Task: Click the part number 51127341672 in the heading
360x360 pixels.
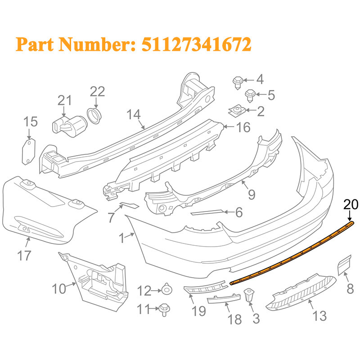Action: click(x=196, y=44)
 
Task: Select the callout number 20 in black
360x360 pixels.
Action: click(x=351, y=204)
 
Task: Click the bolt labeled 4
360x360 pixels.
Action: click(x=238, y=83)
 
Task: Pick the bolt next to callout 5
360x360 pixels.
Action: click(x=250, y=96)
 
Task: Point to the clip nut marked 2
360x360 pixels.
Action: click(x=237, y=111)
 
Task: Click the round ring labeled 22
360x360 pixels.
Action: click(x=94, y=116)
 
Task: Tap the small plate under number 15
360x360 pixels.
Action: click(x=29, y=152)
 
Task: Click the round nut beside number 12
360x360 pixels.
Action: click(x=167, y=290)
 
